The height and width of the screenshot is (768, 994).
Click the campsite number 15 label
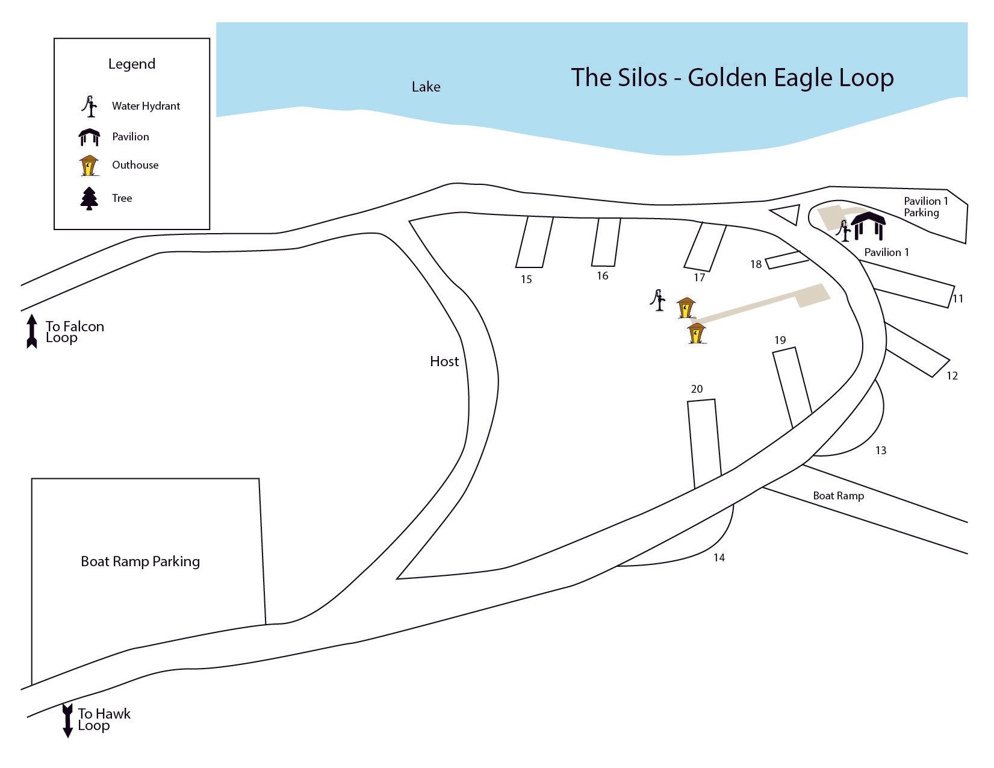526,279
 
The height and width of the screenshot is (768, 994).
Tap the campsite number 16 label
602,276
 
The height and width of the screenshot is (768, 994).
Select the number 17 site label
698,278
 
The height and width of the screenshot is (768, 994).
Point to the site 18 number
756,264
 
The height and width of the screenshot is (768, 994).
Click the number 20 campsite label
697,389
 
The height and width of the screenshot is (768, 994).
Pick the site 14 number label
719,558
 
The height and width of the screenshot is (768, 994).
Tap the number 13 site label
880,451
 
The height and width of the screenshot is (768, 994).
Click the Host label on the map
444,361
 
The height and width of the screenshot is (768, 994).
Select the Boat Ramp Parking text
140,561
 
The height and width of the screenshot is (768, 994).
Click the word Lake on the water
426,87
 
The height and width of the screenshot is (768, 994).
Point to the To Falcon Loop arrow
32,331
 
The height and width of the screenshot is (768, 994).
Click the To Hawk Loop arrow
67,720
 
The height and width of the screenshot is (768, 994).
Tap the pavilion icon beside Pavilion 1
868,226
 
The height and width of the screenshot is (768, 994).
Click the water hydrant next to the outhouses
659,299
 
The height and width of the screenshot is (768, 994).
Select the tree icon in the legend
89,198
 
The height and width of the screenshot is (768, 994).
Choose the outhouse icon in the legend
89,166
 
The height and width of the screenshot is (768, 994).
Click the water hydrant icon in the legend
90,107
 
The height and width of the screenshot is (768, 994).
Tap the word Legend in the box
131,64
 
